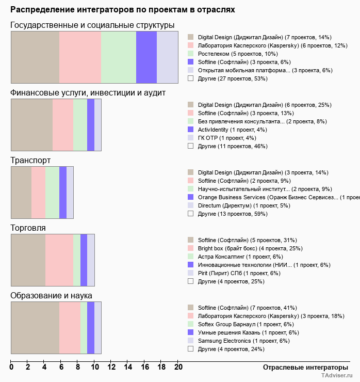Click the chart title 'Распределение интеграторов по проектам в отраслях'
click(123, 9)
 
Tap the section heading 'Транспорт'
click(30, 161)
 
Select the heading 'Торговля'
click(28, 228)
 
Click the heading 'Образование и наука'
click(51, 296)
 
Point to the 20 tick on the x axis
click(178, 368)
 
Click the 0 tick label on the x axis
click(11, 368)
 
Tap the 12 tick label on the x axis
click(111, 368)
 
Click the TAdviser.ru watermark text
click(337, 376)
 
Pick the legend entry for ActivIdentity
click(232, 130)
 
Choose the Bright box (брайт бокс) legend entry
click(241, 248)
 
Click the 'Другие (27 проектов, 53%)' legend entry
click(232, 78)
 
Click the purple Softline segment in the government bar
click(146, 57)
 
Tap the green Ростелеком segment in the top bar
click(119, 57)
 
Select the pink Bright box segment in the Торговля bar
click(59, 260)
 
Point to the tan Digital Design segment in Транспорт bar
click(21, 193)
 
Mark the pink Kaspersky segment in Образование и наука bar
click(70, 328)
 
